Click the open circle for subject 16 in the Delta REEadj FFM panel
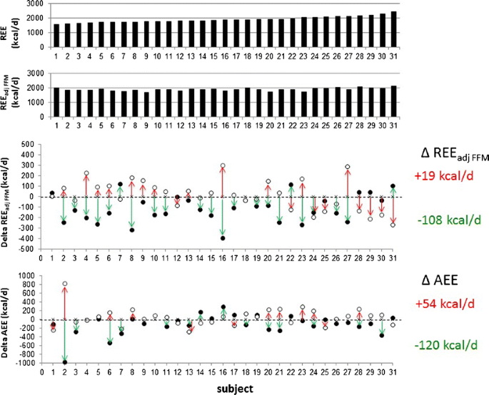pos(223,165)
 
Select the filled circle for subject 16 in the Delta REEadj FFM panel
pos(223,238)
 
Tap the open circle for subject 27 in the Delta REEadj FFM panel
pos(348,167)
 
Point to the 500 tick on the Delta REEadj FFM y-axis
pos(29,144)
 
